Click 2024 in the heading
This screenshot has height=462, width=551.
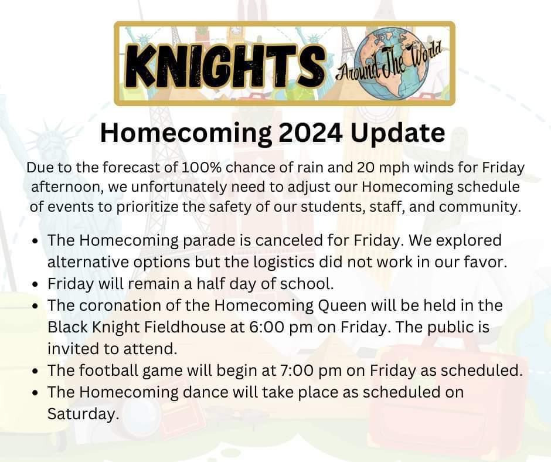tap(307, 133)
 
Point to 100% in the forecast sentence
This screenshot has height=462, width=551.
tap(200, 167)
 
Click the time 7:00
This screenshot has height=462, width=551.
tap(319, 371)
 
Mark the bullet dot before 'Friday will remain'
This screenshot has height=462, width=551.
tap(37, 285)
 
